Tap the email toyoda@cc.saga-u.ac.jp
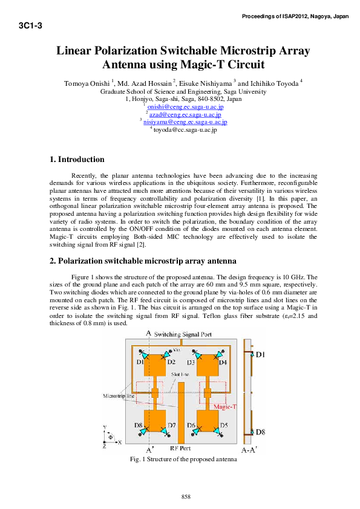coord(185,129)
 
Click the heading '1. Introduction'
coord(76,160)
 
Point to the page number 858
coord(186,496)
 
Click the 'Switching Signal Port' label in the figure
coord(183,334)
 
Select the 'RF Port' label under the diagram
coord(181,450)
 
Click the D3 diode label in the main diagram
coord(191,362)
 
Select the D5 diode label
coord(223,426)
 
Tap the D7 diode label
coord(172,426)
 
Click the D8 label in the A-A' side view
coord(259,432)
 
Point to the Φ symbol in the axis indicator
coord(110,436)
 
